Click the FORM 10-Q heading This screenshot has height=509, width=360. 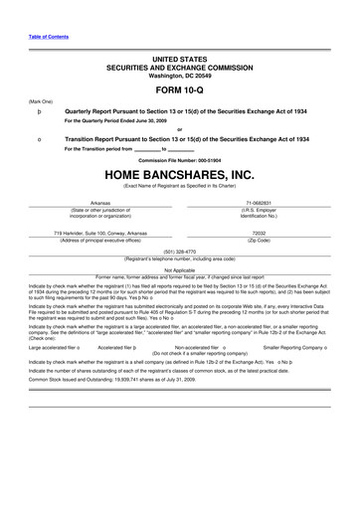tap(180, 88)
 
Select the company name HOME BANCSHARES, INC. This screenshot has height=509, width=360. tap(180, 176)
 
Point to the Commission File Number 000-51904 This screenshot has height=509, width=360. tap(180, 160)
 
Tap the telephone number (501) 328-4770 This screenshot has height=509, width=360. tap(179, 252)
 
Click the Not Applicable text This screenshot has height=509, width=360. tap(179, 269)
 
